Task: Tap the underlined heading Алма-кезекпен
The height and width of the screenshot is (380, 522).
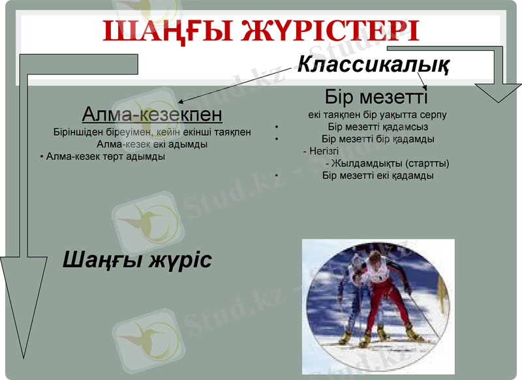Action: pyautogui.click(x=152, y=115)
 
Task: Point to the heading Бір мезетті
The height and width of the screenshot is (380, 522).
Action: pyautogui.click(x=376, y=98)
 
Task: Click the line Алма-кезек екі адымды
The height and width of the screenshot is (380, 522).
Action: pyautogui.click(x=152, y=144)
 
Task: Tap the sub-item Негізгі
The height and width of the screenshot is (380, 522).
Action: pyautogui.click(x=319, y=151)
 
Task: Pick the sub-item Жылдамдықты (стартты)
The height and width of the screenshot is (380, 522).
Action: pyautogui.click(x=389, y=163)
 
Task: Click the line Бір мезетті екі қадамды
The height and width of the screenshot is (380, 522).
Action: pyautogui.click(x=378, y=175)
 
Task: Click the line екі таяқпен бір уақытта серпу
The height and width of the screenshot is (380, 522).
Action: pyautogui.click(x=377, y=114)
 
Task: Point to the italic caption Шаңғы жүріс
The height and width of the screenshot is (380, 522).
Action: pyautogui.click(x=137, y=260)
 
